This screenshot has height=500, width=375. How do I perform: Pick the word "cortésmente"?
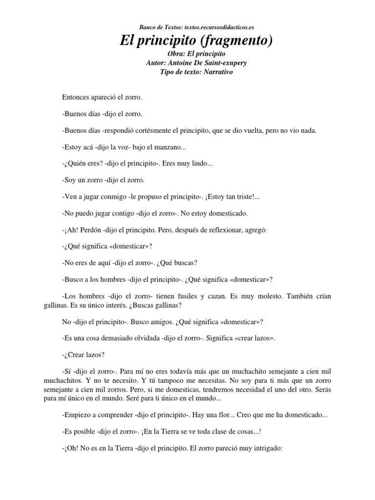(x=165, y=131)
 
